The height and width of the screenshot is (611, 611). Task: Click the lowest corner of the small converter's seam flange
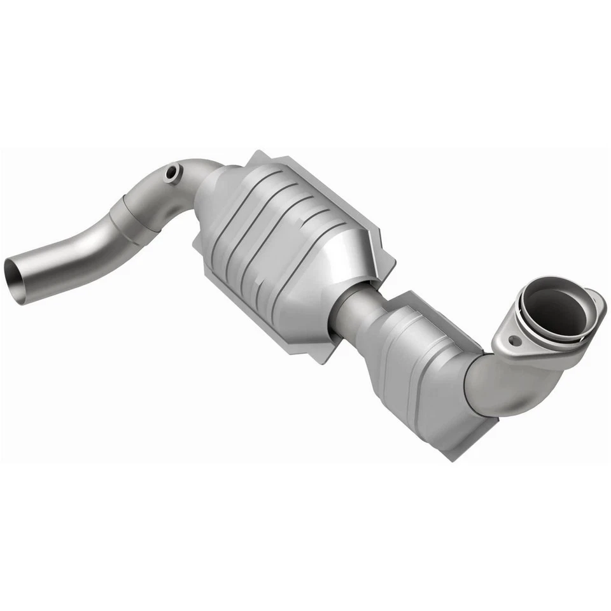point(454,456)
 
